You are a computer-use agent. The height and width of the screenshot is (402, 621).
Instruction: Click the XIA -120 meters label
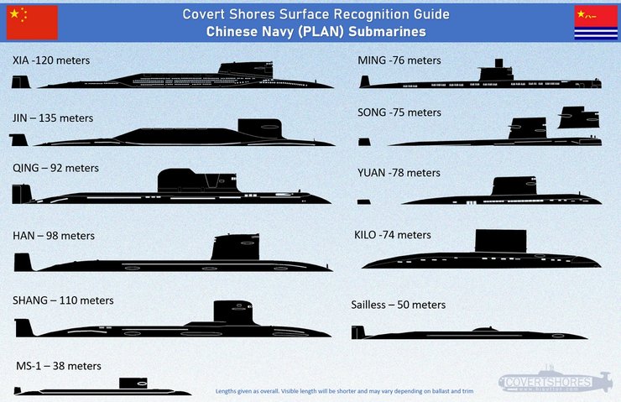51,61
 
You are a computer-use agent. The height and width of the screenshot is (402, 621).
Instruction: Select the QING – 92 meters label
55,168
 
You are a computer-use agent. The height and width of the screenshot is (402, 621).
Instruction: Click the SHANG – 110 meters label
63,300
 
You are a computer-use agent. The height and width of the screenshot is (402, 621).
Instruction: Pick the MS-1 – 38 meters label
59,366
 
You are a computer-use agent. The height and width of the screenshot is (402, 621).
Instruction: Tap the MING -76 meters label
399,60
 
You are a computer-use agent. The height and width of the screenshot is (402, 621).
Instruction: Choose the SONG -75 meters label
399,112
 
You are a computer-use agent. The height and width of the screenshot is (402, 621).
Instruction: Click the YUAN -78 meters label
399,173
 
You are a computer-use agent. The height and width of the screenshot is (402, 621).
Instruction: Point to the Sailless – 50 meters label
398,305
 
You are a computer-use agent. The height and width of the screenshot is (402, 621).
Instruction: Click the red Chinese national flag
32,22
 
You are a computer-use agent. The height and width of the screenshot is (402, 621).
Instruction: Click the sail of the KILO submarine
501,240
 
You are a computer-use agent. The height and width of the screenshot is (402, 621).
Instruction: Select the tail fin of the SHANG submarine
23,327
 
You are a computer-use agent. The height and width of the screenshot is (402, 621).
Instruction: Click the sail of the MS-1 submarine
133,383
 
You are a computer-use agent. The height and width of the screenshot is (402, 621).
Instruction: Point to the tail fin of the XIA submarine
20,81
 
